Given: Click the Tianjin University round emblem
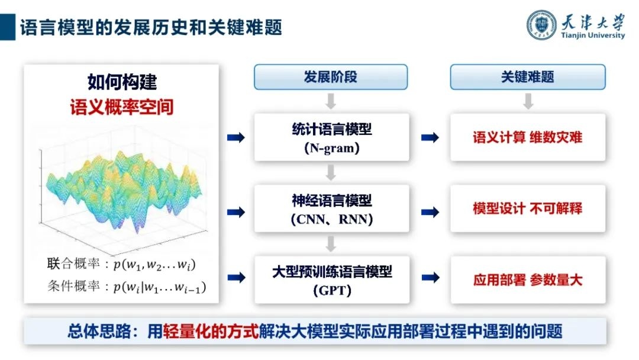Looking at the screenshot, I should click(x=543, y=24).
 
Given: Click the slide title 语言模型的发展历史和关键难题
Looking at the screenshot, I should click(x=151, y=27).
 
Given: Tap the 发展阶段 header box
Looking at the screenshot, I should click(x=331, y=77).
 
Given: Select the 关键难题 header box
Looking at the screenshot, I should click(x=528, y=77).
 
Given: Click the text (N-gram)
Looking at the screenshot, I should click(x=331, y=149).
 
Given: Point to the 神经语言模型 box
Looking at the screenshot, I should click(x=331, y=208).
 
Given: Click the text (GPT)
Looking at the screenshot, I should click(x=331, y=291).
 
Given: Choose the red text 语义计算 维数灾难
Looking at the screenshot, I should click(x=527, y=137).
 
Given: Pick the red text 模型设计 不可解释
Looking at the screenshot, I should click(x=527, y=208).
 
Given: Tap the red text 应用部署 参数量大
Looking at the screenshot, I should click(x=527, y=279).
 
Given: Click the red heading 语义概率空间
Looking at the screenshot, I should click(x=122, y=107).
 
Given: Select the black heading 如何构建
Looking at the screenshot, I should click(x=122, y=82).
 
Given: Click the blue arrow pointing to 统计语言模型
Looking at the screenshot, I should click(x=236, y=137).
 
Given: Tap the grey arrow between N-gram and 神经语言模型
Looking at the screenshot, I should click(x=331, y=172).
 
